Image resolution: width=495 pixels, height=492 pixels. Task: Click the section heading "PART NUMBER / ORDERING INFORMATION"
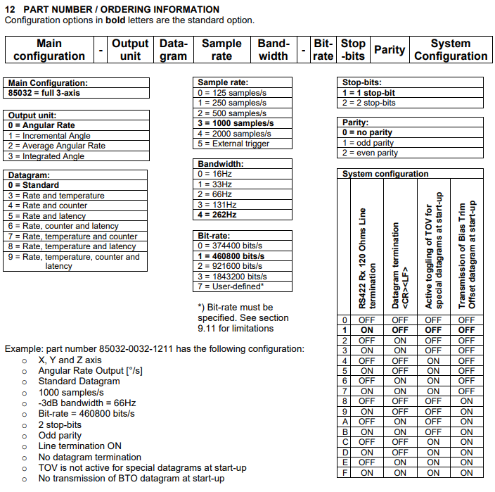click(x=120, y=9)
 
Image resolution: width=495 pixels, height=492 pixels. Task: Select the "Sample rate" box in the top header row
click(x=221, y=49)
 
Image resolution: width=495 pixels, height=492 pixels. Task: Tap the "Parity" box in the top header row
click(x=389, y=49)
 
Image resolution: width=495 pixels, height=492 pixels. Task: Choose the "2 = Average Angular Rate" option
click(x=56, y=146)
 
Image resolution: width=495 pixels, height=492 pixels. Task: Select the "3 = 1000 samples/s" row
click(x=236, y=123)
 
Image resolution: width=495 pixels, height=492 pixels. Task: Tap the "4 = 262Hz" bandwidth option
click(x=219, y=214)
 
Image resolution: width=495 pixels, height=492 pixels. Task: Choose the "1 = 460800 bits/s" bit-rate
click(x=231, y=256)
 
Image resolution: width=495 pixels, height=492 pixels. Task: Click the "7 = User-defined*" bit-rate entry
click(x=231, y=286)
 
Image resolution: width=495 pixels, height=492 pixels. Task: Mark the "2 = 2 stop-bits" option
click(x=369, y=103)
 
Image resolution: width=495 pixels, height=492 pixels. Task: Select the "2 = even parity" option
click(x=370, y=153)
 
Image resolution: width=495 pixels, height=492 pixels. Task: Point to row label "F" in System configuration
click(x=345, y=473)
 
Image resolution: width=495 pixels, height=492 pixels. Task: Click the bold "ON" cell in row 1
click(x=367, y=329)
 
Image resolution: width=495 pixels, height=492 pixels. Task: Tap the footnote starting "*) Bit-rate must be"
click(x=235, y=308)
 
